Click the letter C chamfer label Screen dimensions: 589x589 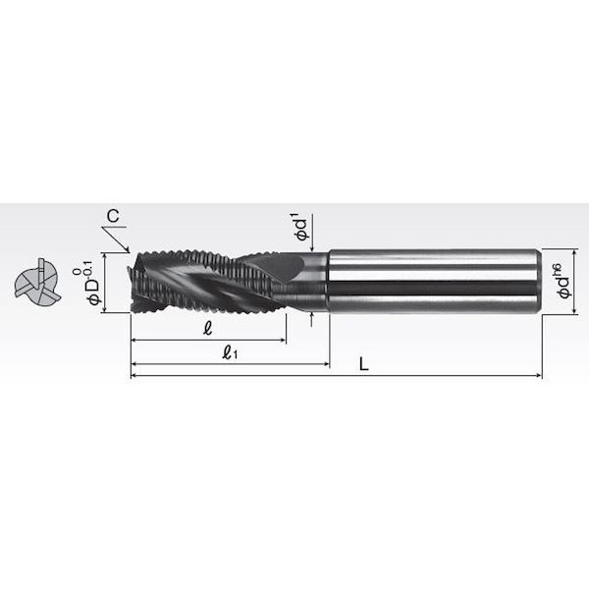coord(113,216)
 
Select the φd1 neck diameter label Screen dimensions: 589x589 coord(302,227)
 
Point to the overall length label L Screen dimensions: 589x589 coord(363,364)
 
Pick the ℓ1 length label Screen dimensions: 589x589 coord(230,352)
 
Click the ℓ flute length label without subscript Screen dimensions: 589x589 coord(207,328)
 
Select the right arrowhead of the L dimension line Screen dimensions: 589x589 coord(538,375)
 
